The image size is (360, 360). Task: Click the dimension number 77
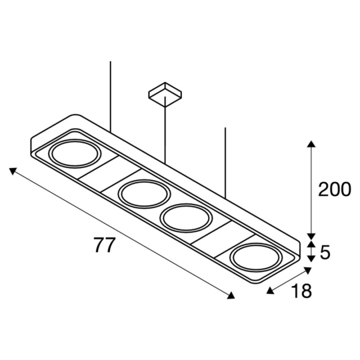pyautogui.click(x=104, y=245)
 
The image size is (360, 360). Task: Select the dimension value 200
pyautogui.click(x=334, y=190)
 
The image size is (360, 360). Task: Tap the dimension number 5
pyautogui.click(x=326, y=252)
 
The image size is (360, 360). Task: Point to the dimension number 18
pyautogui.click(x=301, y=291)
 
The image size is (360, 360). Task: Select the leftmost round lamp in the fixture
pyautogui.click(x=76, y=155)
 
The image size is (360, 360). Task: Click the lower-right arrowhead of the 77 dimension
pyautogui.click(x=231, y=296)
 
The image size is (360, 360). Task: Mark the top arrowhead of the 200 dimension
pyautogui.click(x=310, y=143)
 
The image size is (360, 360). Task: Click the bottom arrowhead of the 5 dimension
pyautogui.click(x=310, y=259)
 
